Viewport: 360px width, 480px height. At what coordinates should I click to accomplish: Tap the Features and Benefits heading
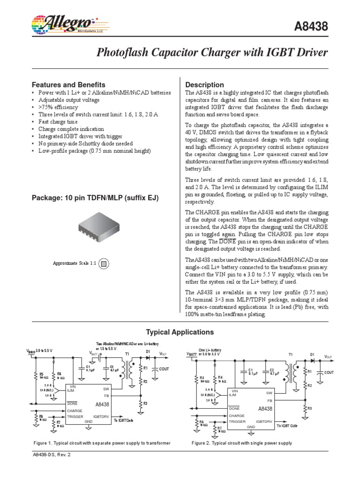pyautogui.click(x=68, y=85)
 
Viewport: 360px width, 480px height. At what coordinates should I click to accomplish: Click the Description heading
pyautogui.click(x=204, y=85)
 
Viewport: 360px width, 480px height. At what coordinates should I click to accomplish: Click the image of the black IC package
pyautogui.click(x=105, y=229)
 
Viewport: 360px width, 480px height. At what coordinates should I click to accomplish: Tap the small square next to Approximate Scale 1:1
pyautogui.click(x=105, y=263)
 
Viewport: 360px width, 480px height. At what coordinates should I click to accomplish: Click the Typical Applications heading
pyautogui.click(x=180, y=332)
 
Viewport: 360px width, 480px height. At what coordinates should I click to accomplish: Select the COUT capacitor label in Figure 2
pyautogui.click(x=328, y=372)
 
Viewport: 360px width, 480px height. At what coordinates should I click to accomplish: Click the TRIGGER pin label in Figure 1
pyautogui.click(x=75, y=416)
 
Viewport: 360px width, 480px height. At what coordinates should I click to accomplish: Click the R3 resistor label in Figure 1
pyautogui.click(x=145, y=403)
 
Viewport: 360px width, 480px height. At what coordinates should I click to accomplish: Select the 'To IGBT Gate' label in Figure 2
pyautogui.click(x=288, y=426)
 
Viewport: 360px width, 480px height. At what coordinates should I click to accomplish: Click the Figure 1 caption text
pyautogui.click(x=102, y=443)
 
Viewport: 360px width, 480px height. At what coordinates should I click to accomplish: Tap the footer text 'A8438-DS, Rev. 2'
pyautogui.click(x=52, y=455)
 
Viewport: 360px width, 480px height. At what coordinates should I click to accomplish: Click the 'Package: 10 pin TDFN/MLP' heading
pyautogui.click(x=95, y=198)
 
